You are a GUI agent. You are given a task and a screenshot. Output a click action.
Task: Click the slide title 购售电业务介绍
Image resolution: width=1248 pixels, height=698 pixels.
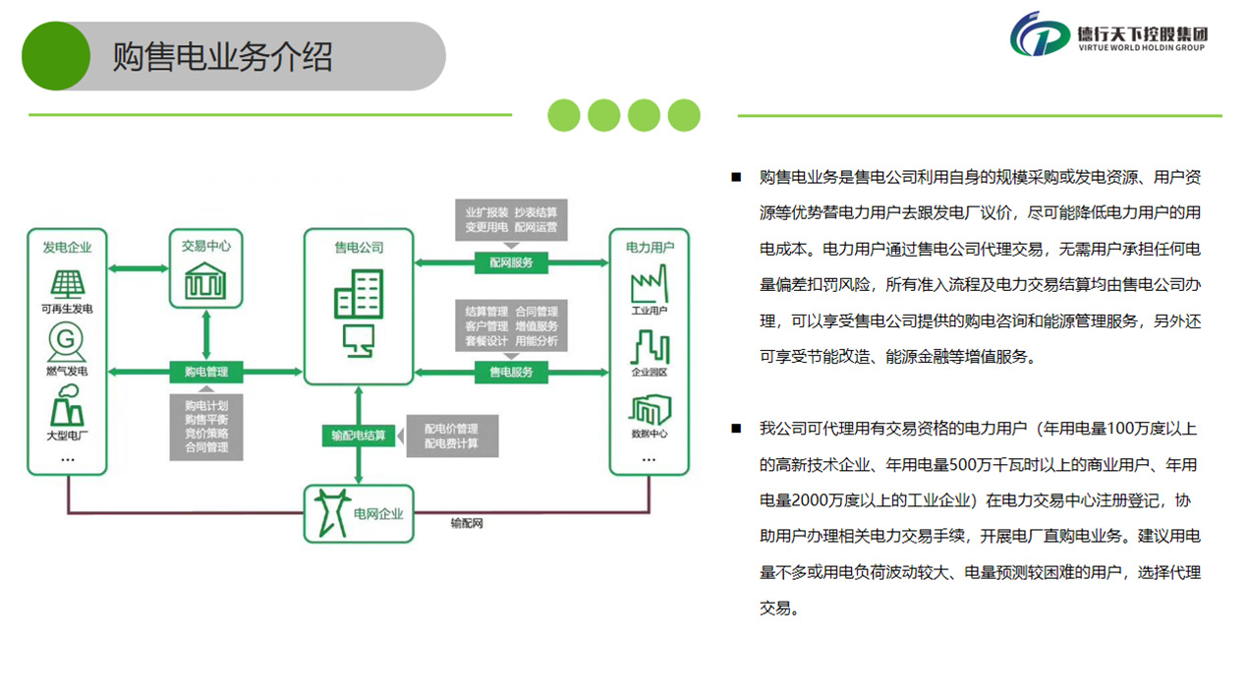[222, 56]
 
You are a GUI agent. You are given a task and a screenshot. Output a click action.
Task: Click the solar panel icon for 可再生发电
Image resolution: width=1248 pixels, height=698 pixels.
[68, 284]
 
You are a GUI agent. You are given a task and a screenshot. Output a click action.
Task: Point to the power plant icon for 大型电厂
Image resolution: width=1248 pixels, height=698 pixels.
[67, 404]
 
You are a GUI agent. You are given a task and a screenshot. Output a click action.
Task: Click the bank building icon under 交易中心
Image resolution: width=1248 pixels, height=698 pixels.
[206, 282]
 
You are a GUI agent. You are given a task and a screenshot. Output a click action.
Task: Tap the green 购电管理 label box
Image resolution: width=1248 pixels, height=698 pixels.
[206, 372]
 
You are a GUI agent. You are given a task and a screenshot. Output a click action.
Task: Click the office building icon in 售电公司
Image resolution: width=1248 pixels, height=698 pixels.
[358, 294]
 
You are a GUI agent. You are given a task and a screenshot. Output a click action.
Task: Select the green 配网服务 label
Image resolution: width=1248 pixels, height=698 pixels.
[511, 262]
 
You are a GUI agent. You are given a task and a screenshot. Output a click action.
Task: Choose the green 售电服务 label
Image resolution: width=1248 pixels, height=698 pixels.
[511, 372]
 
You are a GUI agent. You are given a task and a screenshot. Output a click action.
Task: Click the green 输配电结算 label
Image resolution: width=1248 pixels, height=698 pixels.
[359, 436]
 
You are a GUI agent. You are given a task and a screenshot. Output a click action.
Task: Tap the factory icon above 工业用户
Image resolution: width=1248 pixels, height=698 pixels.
[649, 286]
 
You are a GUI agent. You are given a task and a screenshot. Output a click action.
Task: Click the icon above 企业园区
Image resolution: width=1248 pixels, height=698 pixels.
[649, 347]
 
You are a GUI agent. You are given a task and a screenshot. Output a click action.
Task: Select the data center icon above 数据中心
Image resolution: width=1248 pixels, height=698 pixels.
[649, 409]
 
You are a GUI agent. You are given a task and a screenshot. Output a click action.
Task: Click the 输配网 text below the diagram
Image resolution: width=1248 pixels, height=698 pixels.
[467, 524]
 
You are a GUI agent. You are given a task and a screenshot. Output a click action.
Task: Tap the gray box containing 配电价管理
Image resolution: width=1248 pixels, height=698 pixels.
[452, 436]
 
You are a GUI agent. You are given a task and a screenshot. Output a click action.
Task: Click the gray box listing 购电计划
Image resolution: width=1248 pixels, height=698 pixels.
[206, 426]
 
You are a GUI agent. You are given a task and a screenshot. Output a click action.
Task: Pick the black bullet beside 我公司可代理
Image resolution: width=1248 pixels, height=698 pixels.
[735, 429]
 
